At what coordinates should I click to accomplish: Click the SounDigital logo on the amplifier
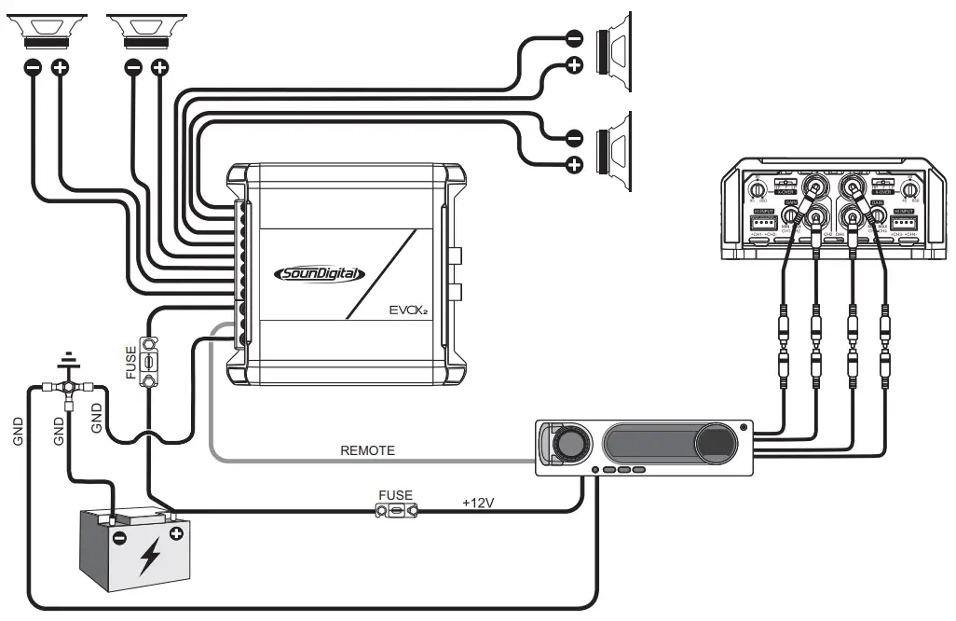321,274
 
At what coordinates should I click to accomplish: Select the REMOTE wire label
367,450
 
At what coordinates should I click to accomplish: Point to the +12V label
478,503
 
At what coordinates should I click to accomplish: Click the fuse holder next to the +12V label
396,510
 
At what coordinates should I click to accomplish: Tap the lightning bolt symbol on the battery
148,557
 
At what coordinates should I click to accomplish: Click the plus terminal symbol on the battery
174,534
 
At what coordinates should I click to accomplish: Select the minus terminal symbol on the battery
119,538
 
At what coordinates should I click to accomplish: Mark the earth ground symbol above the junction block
67,360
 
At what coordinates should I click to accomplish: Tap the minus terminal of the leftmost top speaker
32,68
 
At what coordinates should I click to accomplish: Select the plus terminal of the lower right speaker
575,165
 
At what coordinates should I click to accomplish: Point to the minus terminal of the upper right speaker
575,38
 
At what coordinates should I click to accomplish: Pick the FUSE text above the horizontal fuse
395,495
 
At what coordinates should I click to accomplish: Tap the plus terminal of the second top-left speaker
160,68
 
